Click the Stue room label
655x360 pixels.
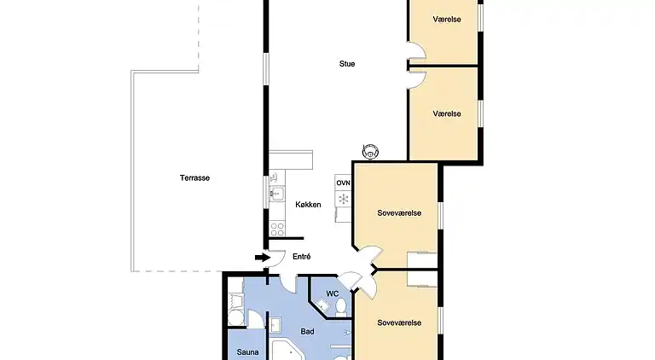coord(347,64)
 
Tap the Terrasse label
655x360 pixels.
coord(194,178)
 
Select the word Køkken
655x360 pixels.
coord(309,205)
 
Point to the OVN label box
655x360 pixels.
coord(343,183)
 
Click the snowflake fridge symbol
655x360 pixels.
coord(344,199)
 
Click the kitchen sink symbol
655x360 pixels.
coord(275,194)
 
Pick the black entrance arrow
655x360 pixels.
coord(261,257)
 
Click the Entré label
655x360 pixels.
coord(301,257)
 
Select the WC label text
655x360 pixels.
coord(333,294)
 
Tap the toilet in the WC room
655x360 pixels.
coord(340,306)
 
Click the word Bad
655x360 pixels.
coord(309,332)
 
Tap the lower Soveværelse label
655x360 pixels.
coord(399,322)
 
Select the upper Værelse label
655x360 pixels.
coord(447,19)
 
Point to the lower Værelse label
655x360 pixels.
coord(447,113)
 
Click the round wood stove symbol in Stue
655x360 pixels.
coord(371,151)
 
